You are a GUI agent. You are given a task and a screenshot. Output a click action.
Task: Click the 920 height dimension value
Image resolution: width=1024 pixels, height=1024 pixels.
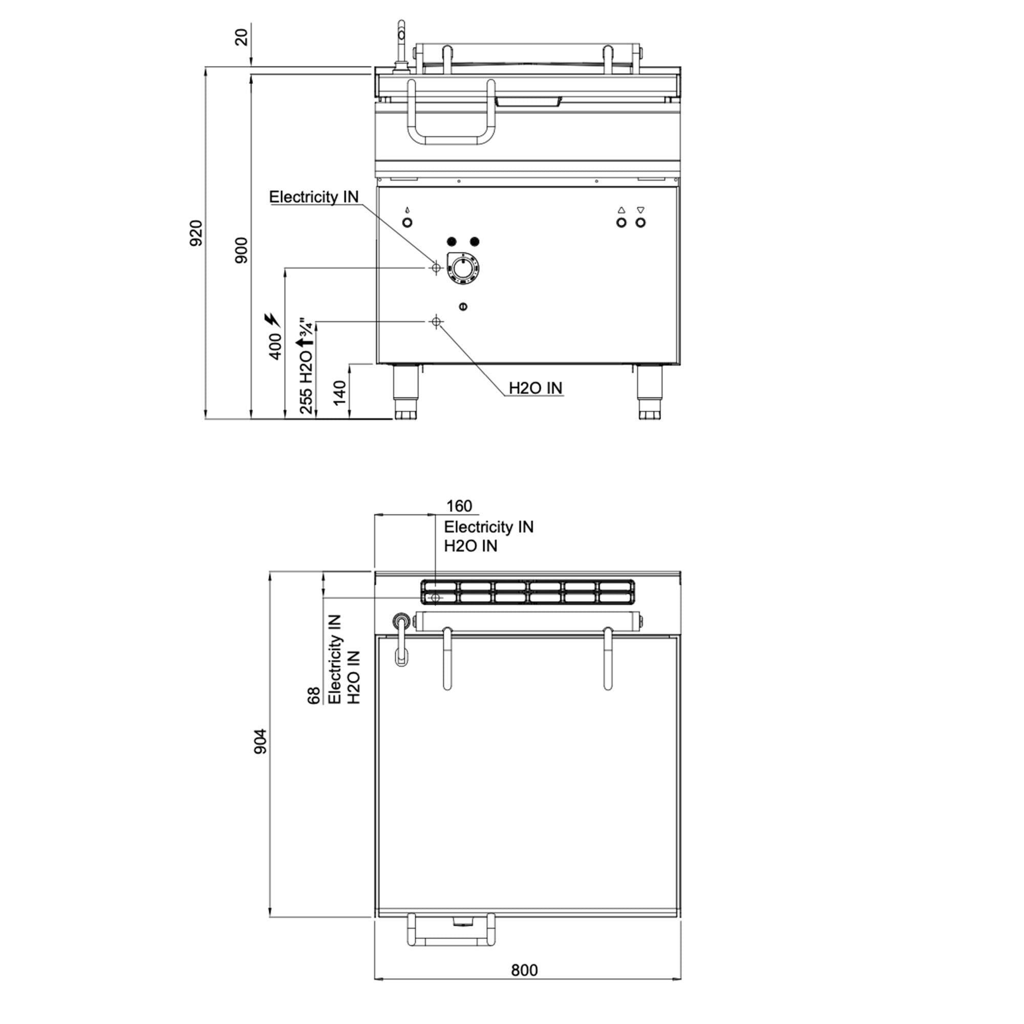[x=196, y=232]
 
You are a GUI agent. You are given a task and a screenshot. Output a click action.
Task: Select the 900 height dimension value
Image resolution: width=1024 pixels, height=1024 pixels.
[x=241, y=250]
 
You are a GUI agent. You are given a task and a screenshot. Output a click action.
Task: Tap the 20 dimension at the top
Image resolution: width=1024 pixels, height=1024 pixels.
[x=241, y=37]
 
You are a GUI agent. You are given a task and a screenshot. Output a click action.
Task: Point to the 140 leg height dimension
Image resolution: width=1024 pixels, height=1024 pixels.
[x=340, y=393]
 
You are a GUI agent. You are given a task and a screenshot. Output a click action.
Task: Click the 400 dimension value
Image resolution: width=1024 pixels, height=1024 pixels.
[x=275, y=347]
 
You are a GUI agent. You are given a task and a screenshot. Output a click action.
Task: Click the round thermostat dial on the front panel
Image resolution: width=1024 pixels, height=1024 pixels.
[x=463, y=269]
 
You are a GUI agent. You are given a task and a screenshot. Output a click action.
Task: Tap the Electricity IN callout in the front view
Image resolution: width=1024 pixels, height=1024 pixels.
[x=314, y=197]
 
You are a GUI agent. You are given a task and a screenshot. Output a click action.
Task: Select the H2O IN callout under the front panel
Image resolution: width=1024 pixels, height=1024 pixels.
[x=536, y=388]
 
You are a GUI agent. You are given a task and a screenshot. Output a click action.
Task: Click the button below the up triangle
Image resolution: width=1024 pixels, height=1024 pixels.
[x=622, y=223]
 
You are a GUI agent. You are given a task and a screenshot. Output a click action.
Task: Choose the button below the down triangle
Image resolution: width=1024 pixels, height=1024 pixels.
[x=641, y=223]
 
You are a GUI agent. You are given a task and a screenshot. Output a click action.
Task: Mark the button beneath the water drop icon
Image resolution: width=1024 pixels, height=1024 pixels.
[x=407, y=223]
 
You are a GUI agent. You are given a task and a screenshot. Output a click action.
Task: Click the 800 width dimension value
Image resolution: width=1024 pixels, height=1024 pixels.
[x=524, y=985]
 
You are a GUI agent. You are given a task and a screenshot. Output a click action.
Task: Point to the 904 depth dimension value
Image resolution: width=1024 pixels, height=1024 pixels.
[x=261, y=741]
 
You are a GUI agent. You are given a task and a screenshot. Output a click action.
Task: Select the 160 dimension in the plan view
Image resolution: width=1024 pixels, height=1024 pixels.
[x=459, y=506]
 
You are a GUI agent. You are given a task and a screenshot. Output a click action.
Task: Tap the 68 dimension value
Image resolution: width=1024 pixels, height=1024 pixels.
[x=314, y=695]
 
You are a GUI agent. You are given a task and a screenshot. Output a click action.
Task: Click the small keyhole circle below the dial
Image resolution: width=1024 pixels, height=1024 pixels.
[x=463, y=306]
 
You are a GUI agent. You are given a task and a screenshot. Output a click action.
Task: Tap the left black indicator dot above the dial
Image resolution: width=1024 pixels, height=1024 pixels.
[x=452, y=242]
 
